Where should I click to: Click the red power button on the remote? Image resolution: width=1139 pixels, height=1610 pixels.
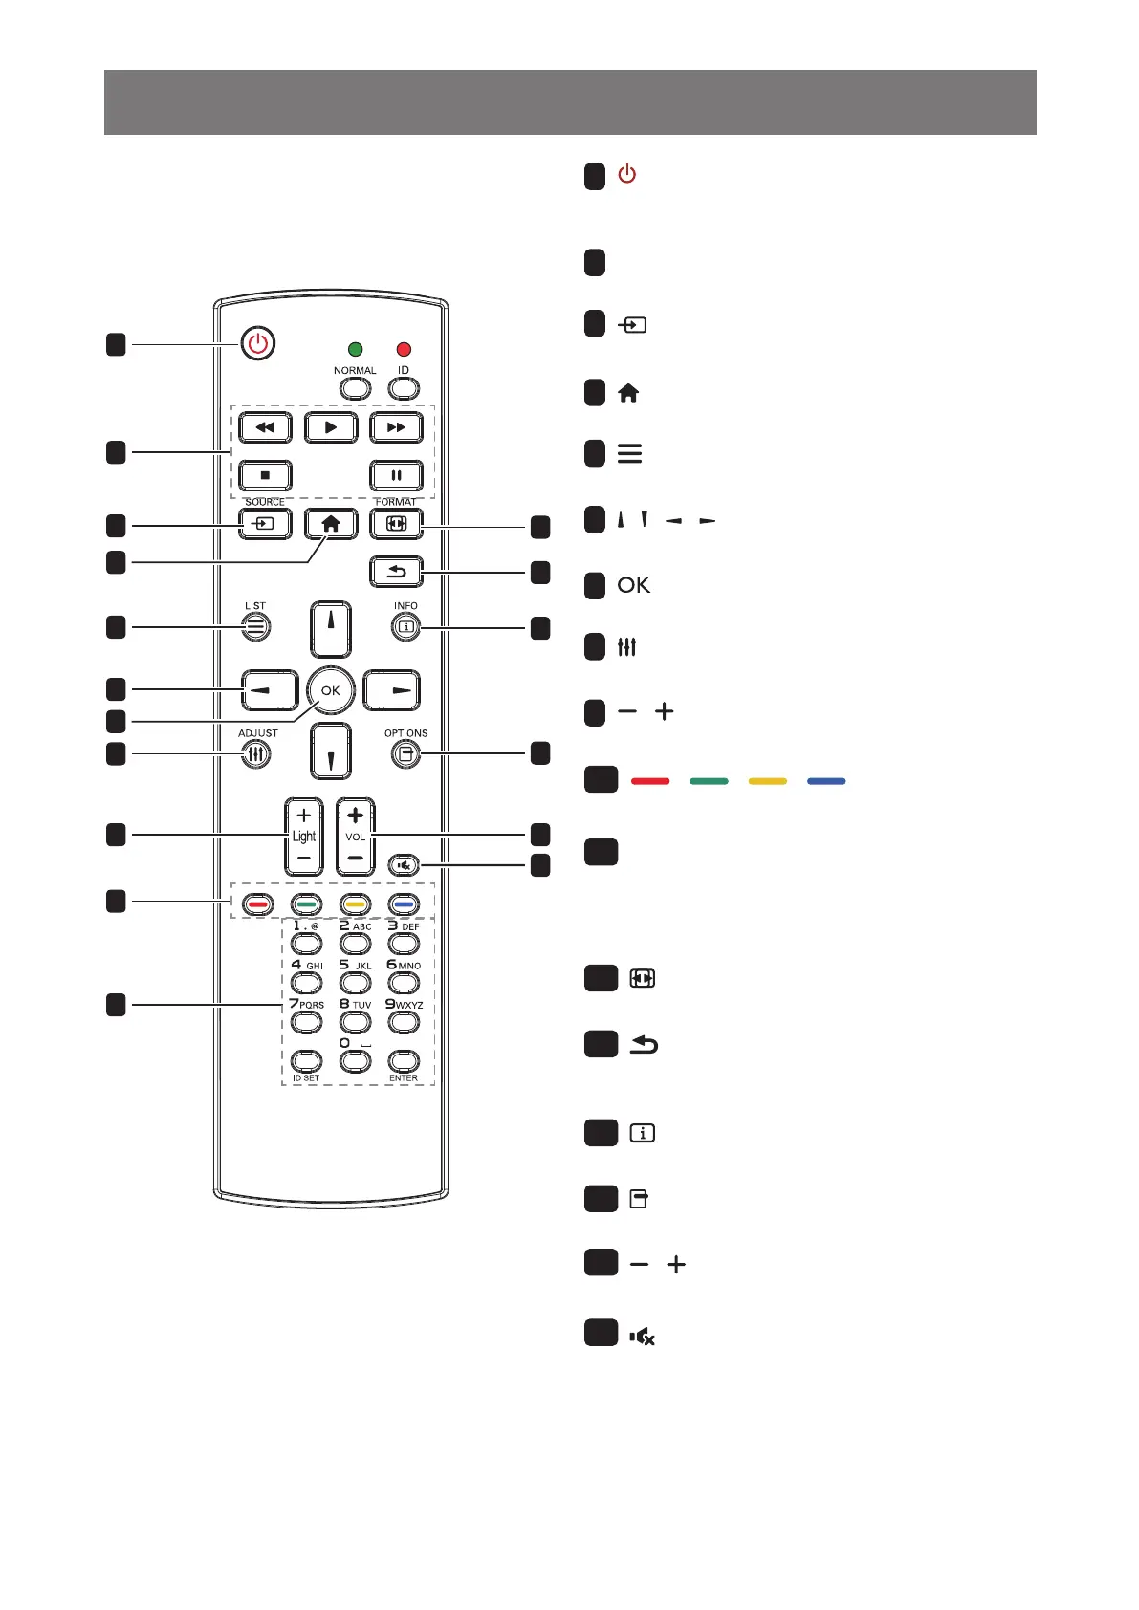click(257, 343)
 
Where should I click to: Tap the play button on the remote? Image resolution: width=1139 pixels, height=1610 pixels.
click(331, 427)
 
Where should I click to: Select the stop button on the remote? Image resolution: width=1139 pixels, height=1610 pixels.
click(265, 475)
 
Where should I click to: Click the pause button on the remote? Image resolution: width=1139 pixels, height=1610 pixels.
click(396, 475)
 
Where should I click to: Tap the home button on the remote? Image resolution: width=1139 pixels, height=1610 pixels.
click(331, 524)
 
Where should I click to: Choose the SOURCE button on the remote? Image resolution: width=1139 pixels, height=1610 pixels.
click(265, 524)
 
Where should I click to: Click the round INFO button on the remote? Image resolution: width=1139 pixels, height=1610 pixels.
click(405, 627)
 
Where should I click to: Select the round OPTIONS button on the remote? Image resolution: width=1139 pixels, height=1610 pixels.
click(405, 754)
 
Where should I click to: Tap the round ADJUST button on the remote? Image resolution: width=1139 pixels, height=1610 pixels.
click(255, 754)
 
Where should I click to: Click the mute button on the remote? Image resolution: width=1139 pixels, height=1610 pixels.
click(405, 866)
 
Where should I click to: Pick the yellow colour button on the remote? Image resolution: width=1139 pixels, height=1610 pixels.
click(355, 904)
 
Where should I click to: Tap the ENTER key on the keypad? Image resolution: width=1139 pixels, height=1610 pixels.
click(404, 1061)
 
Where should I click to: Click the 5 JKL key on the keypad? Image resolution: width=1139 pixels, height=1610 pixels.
click(355, 982)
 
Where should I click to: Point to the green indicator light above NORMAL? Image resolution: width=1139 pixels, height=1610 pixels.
click(355, 350)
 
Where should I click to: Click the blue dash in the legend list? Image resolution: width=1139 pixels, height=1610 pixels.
click(826, 781)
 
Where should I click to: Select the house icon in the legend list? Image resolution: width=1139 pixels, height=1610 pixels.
click(628, 393)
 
